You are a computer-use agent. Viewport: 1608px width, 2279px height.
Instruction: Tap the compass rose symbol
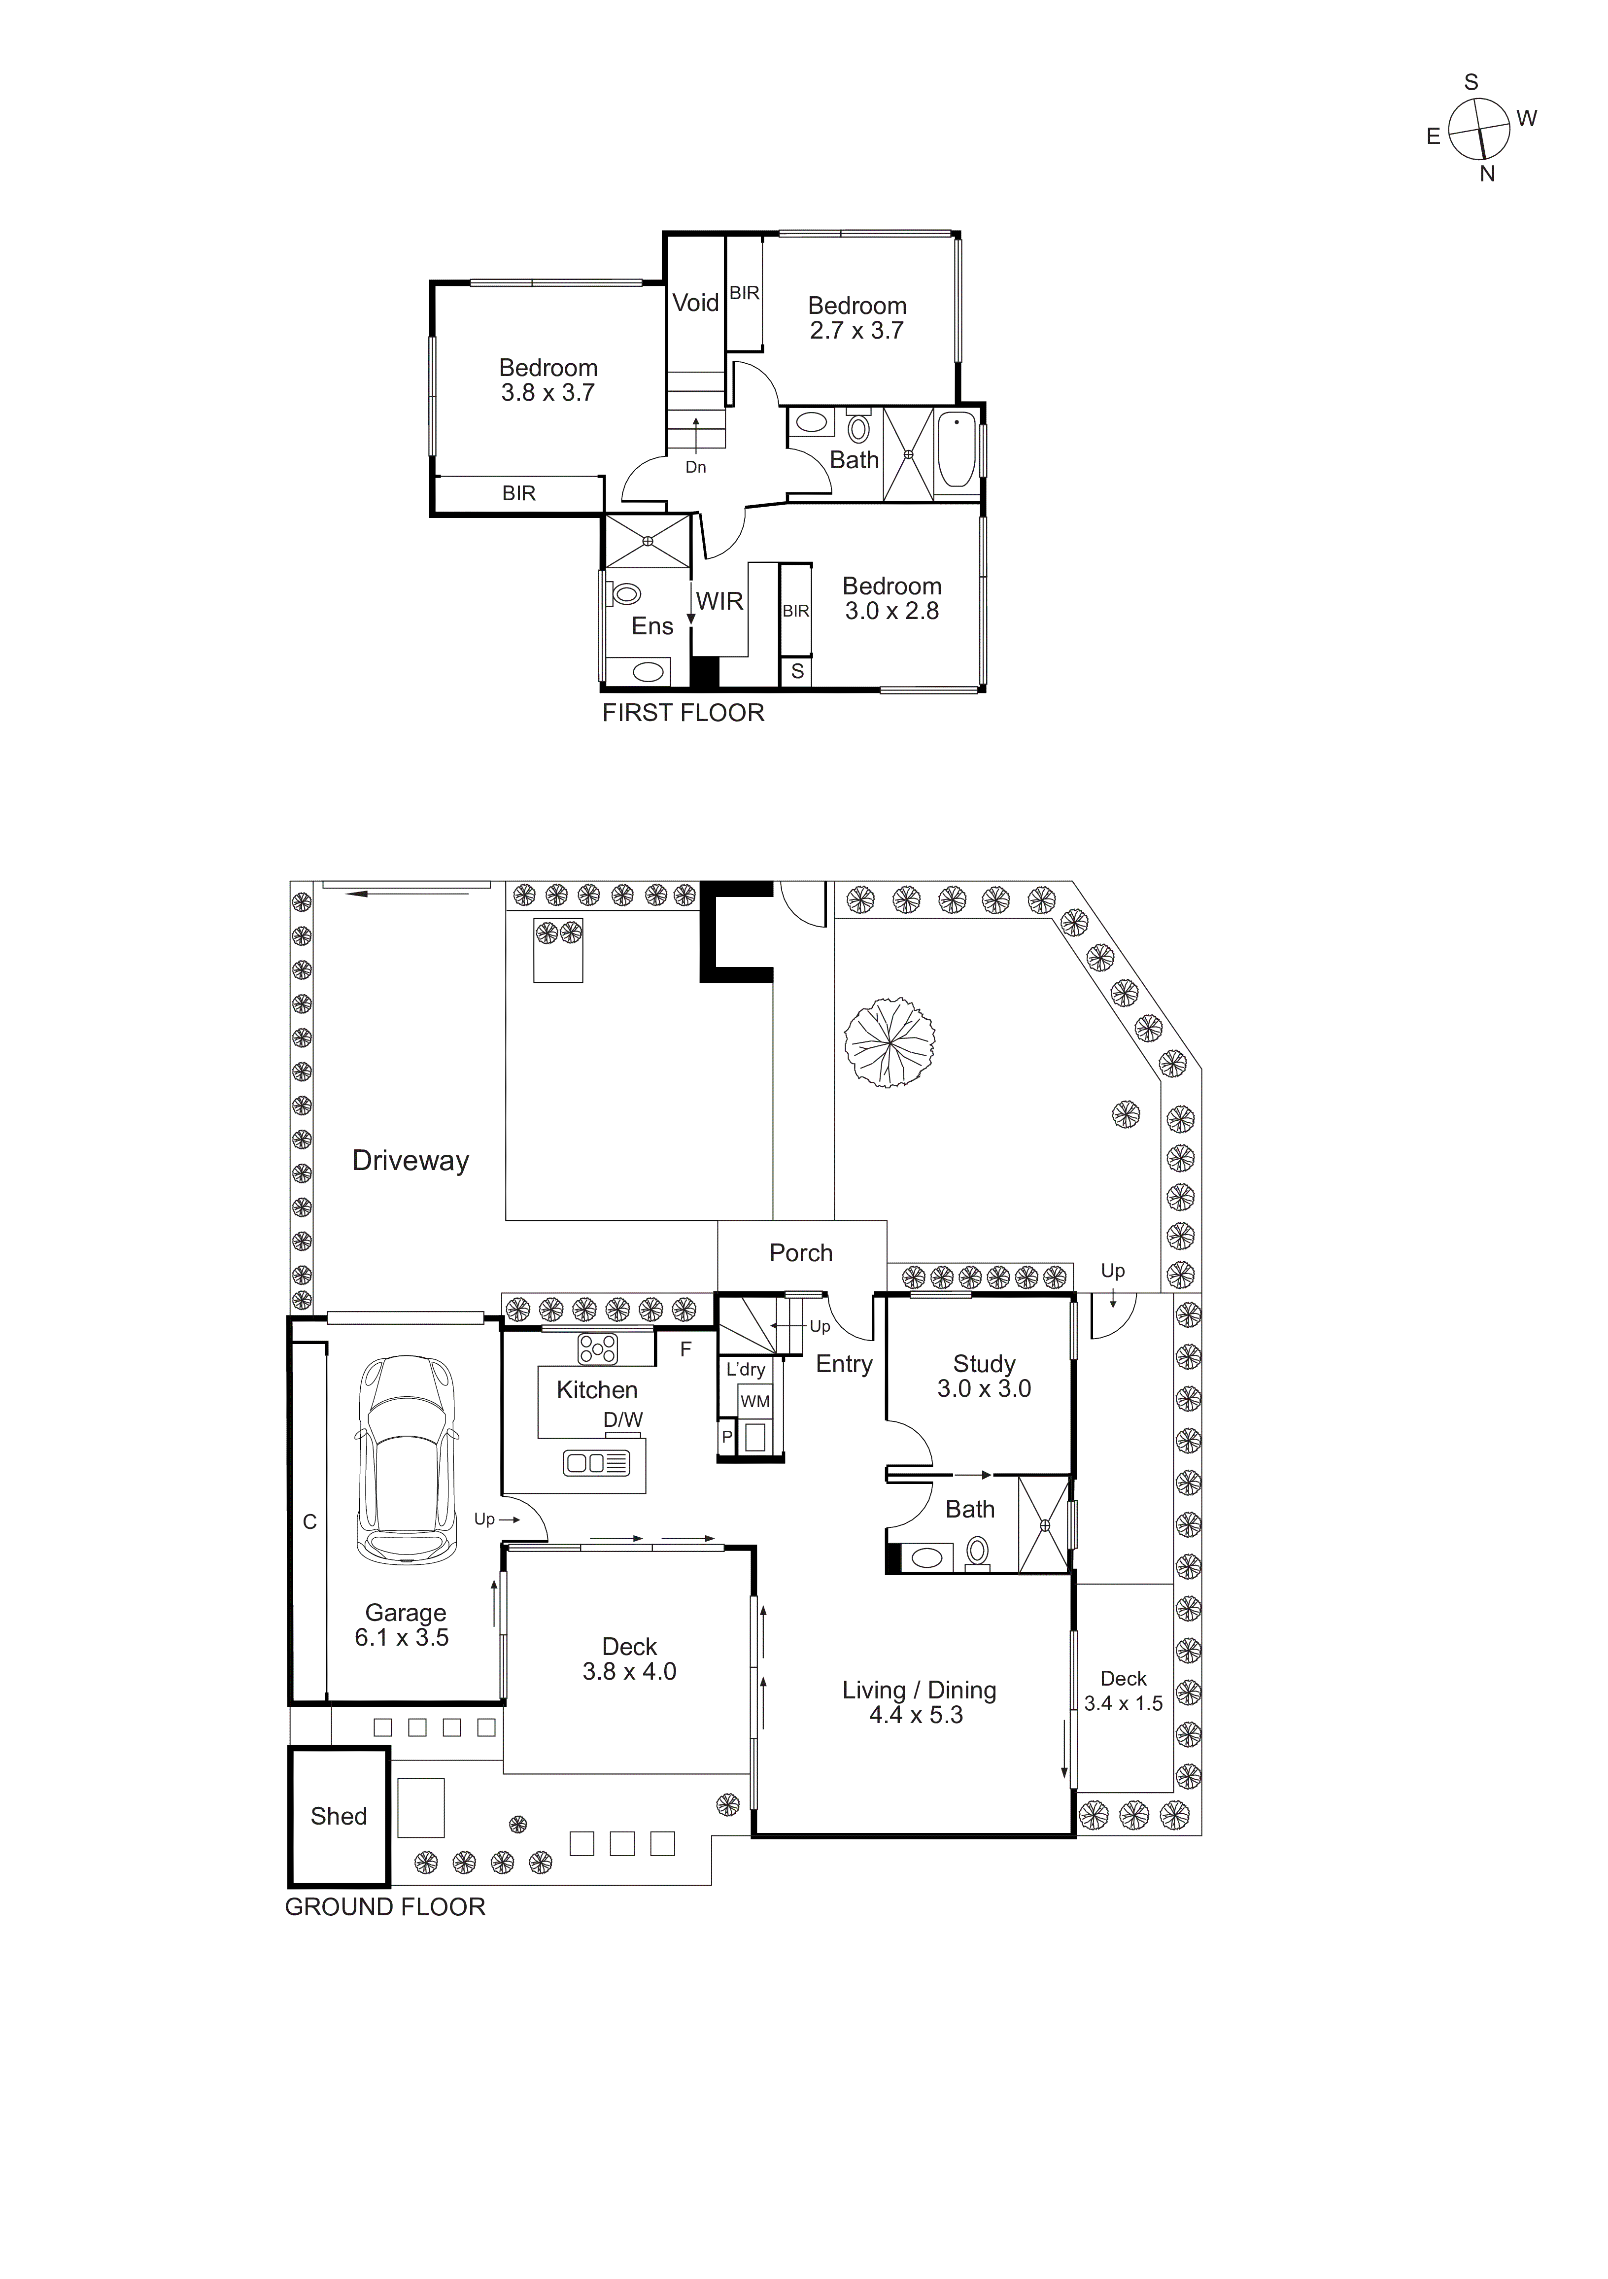click(x=1479, y=129)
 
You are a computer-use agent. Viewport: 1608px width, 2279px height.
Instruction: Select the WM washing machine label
click(x=755, y=1402)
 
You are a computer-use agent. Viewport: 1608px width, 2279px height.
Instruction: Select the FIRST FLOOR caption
click(x=683, y=713)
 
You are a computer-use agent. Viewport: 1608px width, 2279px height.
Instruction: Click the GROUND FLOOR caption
click(x=385, y=1907)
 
